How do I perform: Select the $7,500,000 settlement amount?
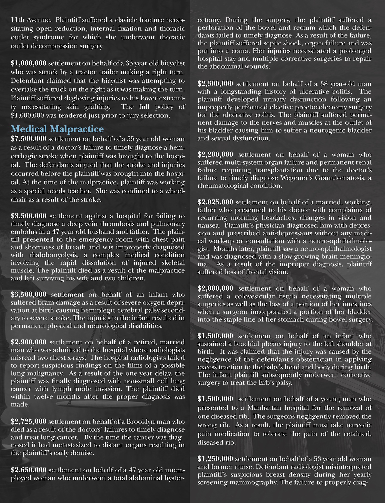coord(28,139)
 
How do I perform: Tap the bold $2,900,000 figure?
coord(28,342)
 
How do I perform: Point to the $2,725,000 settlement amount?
coord(28,422)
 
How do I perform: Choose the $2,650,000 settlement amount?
coord(28,470)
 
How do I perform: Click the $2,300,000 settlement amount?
coord(215,84)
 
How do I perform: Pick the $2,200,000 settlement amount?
coord(215,154)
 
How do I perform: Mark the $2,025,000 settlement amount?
coord(215,202)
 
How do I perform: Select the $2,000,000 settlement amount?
coord(215,289)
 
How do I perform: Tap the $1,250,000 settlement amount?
coord(215,459)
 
